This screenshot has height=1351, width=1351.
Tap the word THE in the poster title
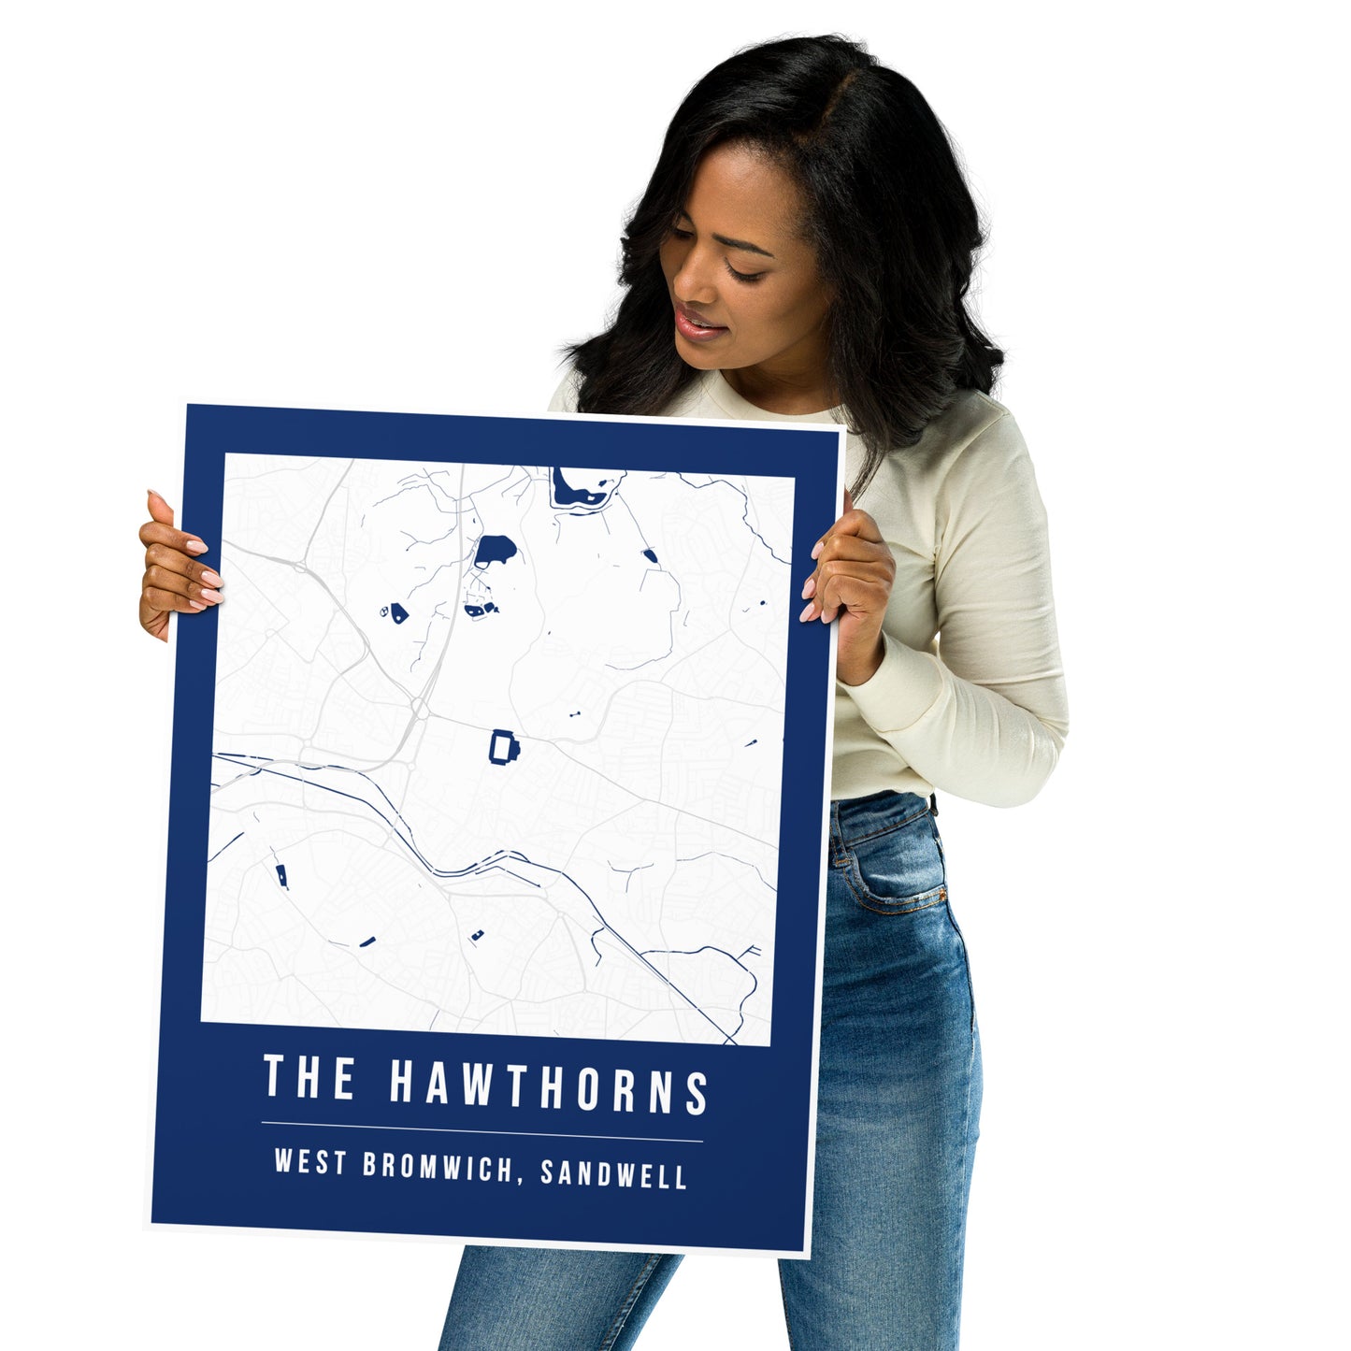tap(309, 1077)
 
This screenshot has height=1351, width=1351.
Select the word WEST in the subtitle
tap(310, 1162)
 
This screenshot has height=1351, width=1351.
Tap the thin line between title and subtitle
tap(481, 1131)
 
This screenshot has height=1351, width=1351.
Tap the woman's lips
tap(699, 324)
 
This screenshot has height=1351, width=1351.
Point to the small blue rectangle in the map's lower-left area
tap(280, 876)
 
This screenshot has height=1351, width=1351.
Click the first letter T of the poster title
tap(274, 1075)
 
